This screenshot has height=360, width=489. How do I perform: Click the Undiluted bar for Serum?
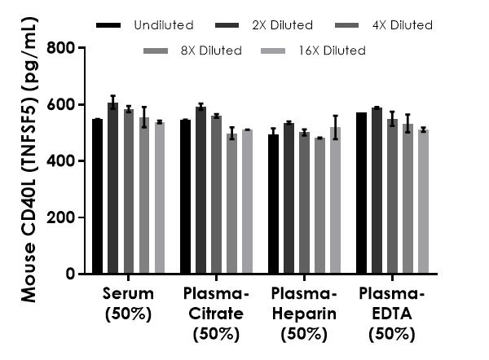[97, 196]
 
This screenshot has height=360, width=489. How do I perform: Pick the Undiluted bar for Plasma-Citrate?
[185, 197]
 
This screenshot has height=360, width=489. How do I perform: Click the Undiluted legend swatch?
[108, 25]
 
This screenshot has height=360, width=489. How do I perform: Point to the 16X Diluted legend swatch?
[284, 50]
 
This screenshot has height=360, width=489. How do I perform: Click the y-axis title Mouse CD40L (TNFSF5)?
[29, 163]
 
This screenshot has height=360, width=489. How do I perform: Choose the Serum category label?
[128, 303]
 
